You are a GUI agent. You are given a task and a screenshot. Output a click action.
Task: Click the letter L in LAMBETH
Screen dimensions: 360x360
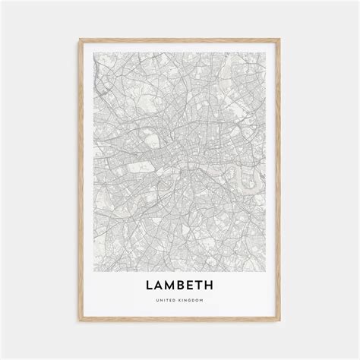click(144, 287)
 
